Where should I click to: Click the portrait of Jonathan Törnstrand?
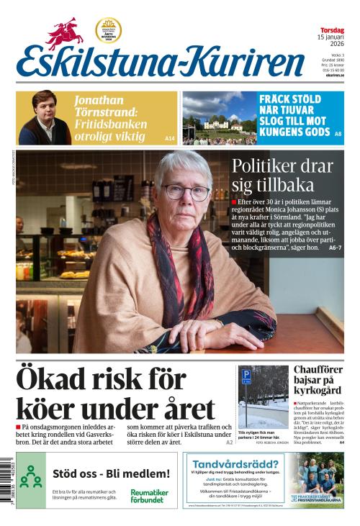click(x=44, y=118)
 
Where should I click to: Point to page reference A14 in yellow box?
click(x=169, y=137)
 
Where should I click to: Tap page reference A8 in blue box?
click(x=338, y=135)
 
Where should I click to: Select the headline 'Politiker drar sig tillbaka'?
click(x=282, y=177)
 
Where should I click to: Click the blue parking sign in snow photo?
click(x=246, y=376)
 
